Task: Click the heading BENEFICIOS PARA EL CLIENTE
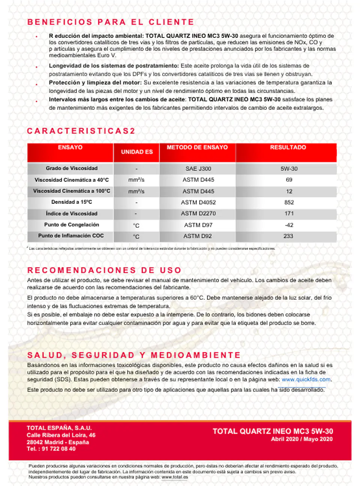[x=111, y=22]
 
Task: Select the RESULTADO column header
[x=288, y=148]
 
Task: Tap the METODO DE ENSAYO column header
[x=197, y=148]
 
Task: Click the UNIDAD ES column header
[x=136, y=152]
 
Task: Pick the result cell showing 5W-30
[x=289, y=169]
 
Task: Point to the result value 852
[x=289, y=202]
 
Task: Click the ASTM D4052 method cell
[x=198, y=202]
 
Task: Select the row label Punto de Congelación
[x=72, y=224]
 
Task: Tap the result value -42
[x=289, y=225]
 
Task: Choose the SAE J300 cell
[x=198, y=169]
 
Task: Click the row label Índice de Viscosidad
[x=72, y=214]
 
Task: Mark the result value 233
[x=288, y=236]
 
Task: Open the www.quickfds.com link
[x=306, y=380]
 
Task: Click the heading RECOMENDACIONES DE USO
[x=104, y=270]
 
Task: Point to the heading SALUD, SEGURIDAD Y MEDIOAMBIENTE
[x=134, y=355]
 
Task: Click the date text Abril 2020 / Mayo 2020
[x=301, y=439]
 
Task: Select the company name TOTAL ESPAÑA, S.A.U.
[x=59, y=428]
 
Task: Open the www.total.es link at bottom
[x=175, y=477]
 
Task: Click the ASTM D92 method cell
[x=197, y=236]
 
